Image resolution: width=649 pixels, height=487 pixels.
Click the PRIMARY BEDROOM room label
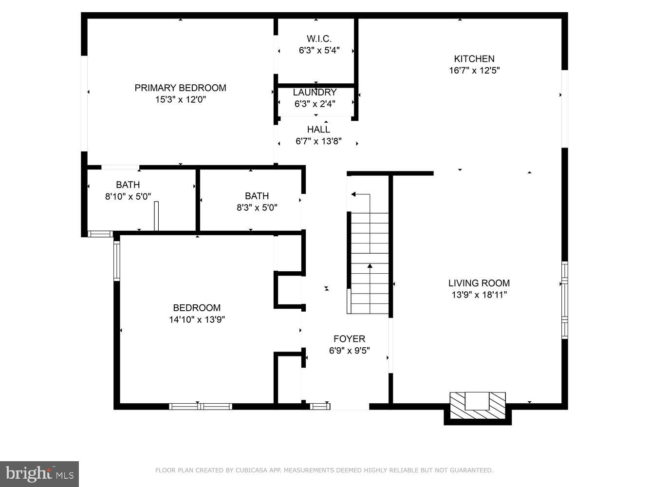click(180, 88)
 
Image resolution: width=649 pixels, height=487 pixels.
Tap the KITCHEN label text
click(474, 58)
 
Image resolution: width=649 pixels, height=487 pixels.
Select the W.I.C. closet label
click(319, 38)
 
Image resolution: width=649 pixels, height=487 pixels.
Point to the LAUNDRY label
click(315, 92)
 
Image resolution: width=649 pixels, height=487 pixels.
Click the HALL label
click(318, 130)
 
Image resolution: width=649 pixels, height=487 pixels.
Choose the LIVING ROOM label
click(479, 283)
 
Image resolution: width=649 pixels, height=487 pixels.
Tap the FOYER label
click(349, 339)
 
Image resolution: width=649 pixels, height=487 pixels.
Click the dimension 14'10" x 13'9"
click(197, 319)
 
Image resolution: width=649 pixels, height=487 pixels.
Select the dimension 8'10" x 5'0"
click(128, 197)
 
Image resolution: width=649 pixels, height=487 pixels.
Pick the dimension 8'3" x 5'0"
click(257, 207)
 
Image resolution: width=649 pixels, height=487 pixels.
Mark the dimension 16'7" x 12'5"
click(474, 70)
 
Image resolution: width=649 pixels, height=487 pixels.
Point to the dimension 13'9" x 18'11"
click(479, 295)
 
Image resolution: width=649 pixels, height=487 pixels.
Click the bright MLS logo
click(39, 473)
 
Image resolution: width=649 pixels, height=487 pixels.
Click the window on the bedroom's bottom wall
click(201, 406)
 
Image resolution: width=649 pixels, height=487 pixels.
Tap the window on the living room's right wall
click(564, 300)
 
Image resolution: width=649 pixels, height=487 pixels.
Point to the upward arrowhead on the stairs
click(370, 266)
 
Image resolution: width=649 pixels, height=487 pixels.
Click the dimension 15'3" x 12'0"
click(180, 99)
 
